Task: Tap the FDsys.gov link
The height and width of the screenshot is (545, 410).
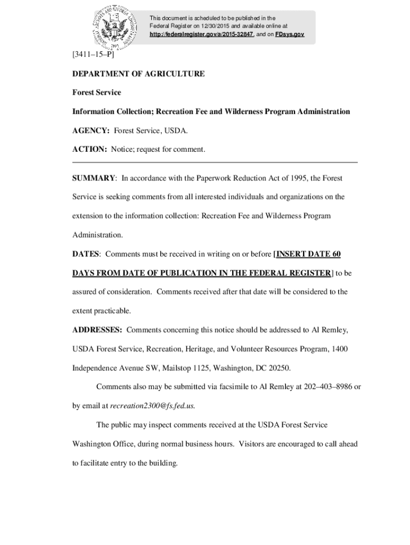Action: click(290, 34)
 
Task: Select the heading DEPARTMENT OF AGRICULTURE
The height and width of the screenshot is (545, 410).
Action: click(138, 74)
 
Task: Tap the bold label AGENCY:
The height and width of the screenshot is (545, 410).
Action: click(91, 130)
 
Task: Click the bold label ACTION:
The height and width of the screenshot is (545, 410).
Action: click(90, 150)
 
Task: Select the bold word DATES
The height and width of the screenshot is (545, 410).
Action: click(86, 254)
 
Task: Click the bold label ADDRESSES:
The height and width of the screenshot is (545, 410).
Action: click(97, 330)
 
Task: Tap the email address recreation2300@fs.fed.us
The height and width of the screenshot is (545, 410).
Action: click(152, 406)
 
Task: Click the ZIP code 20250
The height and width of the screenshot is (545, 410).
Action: click(280, 368)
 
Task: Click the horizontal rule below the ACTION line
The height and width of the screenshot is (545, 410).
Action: click(215, 162)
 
